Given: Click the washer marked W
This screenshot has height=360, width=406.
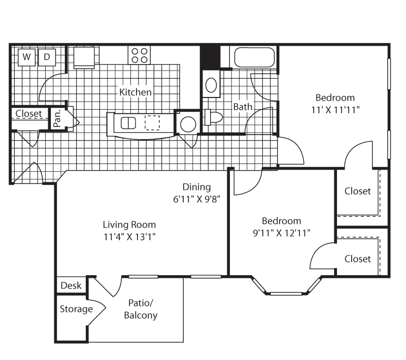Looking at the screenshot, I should [26, 57].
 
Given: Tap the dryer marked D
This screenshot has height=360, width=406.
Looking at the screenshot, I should [47, 57].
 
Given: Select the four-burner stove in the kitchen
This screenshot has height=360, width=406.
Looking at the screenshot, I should [140, 55].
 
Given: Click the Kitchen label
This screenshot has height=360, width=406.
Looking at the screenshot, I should [136, 92].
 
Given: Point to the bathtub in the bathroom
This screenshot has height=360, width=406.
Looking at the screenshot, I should [254, 57].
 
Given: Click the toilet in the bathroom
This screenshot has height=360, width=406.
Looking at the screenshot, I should [214, 118].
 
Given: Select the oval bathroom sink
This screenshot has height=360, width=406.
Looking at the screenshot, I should [211, 85].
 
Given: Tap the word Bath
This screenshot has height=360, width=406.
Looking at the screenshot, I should [243, 107].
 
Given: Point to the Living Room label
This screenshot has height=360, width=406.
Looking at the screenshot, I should [129, 224].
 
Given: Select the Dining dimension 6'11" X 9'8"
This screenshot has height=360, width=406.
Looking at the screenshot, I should [196, 199].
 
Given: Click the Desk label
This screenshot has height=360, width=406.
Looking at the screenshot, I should [71, 286].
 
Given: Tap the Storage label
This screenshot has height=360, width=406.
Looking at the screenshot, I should [76, 309].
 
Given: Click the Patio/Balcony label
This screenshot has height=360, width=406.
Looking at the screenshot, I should [141, 309].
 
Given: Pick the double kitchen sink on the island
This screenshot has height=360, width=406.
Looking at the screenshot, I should [128, 123].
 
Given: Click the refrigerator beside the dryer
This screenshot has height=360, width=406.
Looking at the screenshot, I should [84, 57].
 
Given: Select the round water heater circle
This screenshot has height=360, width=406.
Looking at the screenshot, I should [188, 124].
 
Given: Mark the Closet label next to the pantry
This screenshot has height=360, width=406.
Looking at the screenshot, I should [29, 114].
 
